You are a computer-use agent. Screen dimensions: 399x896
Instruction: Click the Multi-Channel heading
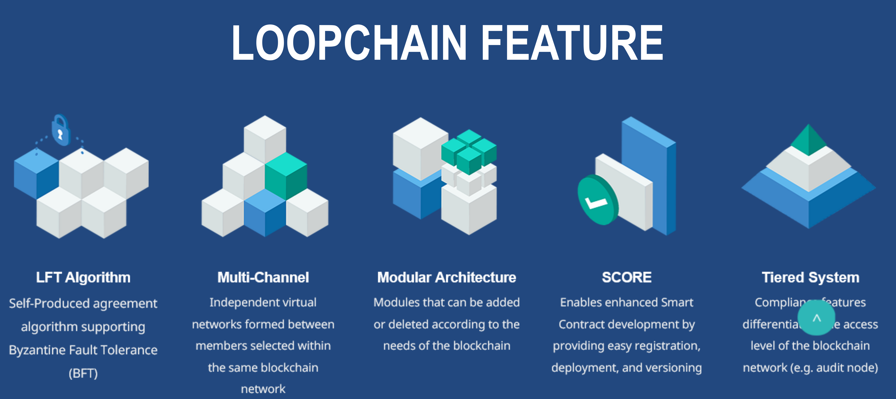pyautogui.click(x=263, y=277)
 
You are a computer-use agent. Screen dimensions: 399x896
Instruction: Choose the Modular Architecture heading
pyautogui.click(x=447, y=277)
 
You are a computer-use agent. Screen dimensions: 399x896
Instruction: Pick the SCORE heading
pyautogui.click(x=626, y=277)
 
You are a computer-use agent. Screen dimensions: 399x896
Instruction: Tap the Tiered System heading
pyautogui.click(x=810, y=277)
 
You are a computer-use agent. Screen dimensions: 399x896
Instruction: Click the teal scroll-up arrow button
pyautogui.click(x=816, y=318)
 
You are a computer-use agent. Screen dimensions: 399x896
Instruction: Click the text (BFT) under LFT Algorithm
pyautogui.click(x=83, y=374)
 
